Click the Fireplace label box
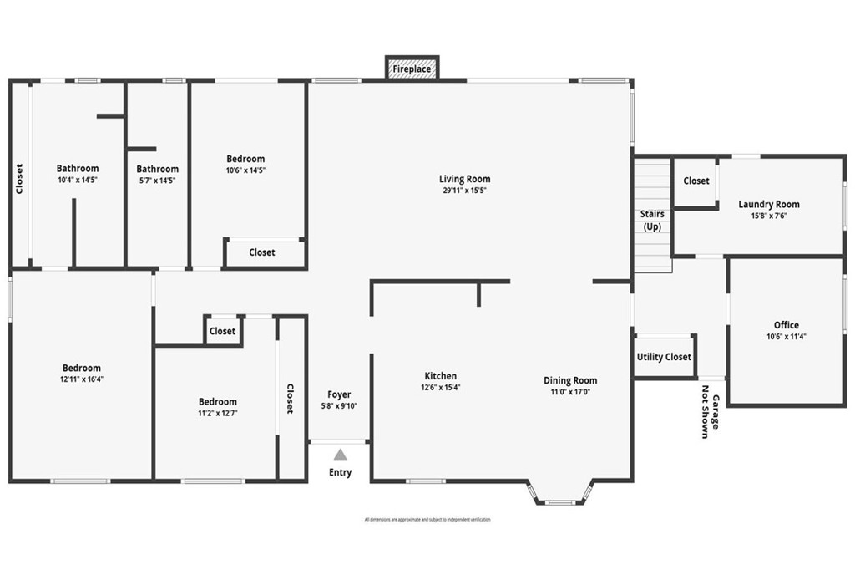point(412,69)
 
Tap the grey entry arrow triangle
point(340,455)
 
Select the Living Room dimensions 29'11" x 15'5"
point(464,191)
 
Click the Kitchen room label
point(440,376)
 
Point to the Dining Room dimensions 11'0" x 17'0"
point(570,391)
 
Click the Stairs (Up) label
point(652,221)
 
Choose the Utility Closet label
point(664,357)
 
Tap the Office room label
point(786,325)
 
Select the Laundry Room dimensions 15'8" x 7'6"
point(768,215)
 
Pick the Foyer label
point(339,394)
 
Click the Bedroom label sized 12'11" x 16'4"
point(82,368)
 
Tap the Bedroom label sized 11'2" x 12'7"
point(217,402)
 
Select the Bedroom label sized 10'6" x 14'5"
point(245,159)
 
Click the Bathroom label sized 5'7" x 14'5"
point(158,169)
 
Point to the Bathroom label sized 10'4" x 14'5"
point(78,169)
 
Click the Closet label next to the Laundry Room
point(696,181)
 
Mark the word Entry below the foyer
point(340,473)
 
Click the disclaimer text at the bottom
point(427,520)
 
